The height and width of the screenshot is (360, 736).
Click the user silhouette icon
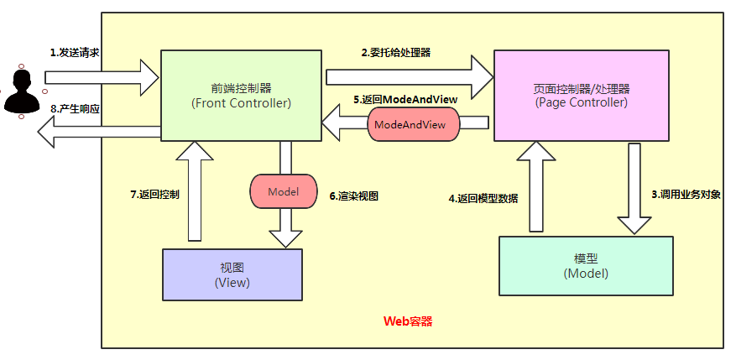coord(23,91)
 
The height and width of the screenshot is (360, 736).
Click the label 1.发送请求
coord(75,52)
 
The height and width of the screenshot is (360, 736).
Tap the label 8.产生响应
coord(76,108)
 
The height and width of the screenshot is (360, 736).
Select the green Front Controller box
coord(241,95)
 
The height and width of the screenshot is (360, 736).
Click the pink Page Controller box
coord(582,95)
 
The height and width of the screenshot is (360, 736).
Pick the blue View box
coord(232,274)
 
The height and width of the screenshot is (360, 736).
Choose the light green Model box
coord(586,266)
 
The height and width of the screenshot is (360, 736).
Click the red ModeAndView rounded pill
coord(414,123)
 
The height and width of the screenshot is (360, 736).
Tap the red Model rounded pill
coord(283,191)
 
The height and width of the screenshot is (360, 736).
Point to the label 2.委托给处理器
coord(396,52)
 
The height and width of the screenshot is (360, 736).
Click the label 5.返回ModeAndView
coord(405,99)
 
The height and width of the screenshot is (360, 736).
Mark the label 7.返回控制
coord(154,194)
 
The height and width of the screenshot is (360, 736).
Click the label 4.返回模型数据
coord(483,199)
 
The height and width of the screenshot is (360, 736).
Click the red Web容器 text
coord(408,321)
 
